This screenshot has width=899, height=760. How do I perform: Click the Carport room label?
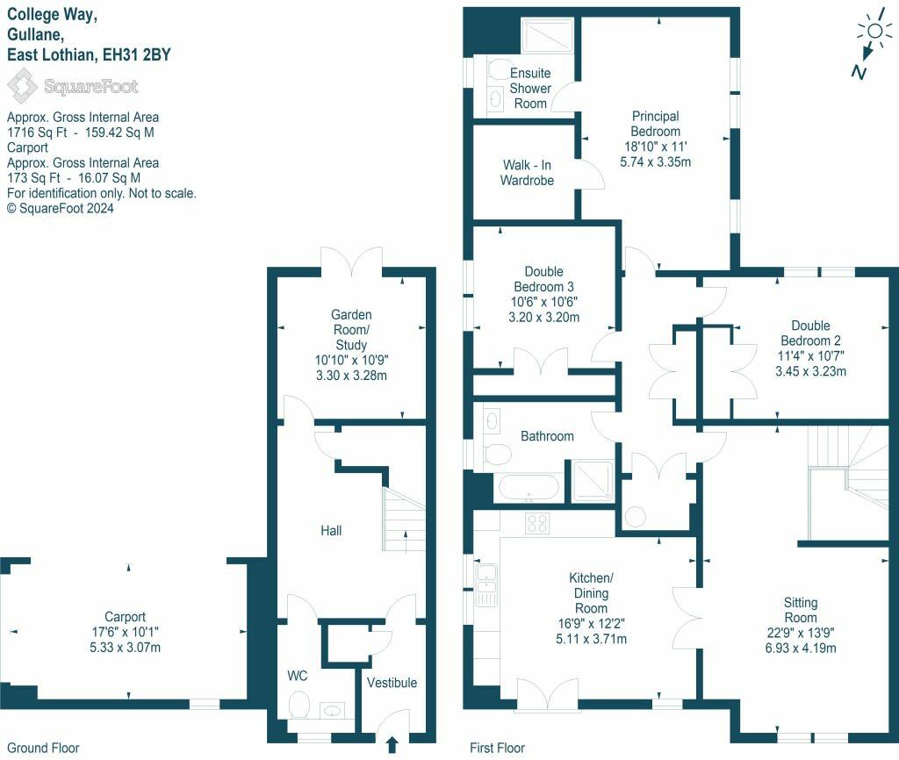(x=125, y=617)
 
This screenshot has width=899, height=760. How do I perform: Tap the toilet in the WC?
(x=298, y=705)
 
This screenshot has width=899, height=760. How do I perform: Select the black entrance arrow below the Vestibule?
(x=392, y=745)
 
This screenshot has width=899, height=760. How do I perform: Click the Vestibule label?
(x=392, y=683)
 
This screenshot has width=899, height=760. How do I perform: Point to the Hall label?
(x=331, y=531)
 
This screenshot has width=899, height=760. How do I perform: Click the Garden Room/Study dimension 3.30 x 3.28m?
(x=351, y=376)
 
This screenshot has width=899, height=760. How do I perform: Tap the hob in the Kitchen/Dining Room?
(x=537, y=523)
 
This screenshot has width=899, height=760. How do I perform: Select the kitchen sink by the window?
(x=486, y=584)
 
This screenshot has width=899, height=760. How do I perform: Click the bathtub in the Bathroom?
(x=528, y=488)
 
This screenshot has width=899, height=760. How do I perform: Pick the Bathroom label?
(x=547, y=436)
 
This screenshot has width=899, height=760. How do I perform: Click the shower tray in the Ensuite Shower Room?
(x=547, y=35)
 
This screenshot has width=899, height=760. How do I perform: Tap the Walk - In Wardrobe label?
(x=527, y=173)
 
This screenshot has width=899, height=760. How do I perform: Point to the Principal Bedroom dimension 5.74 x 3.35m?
(x=655, y=162)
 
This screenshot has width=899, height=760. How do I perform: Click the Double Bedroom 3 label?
(x=544, y=279)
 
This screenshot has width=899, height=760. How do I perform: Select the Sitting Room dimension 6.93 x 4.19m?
(x=801, y=649)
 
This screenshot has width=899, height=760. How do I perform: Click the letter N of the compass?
(x=859, y=72)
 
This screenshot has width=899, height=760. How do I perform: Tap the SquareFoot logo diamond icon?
(x=22, y=86)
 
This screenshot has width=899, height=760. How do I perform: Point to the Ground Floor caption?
(x=43, y=748)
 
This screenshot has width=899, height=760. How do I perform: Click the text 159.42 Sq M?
(x=119, y=133)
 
